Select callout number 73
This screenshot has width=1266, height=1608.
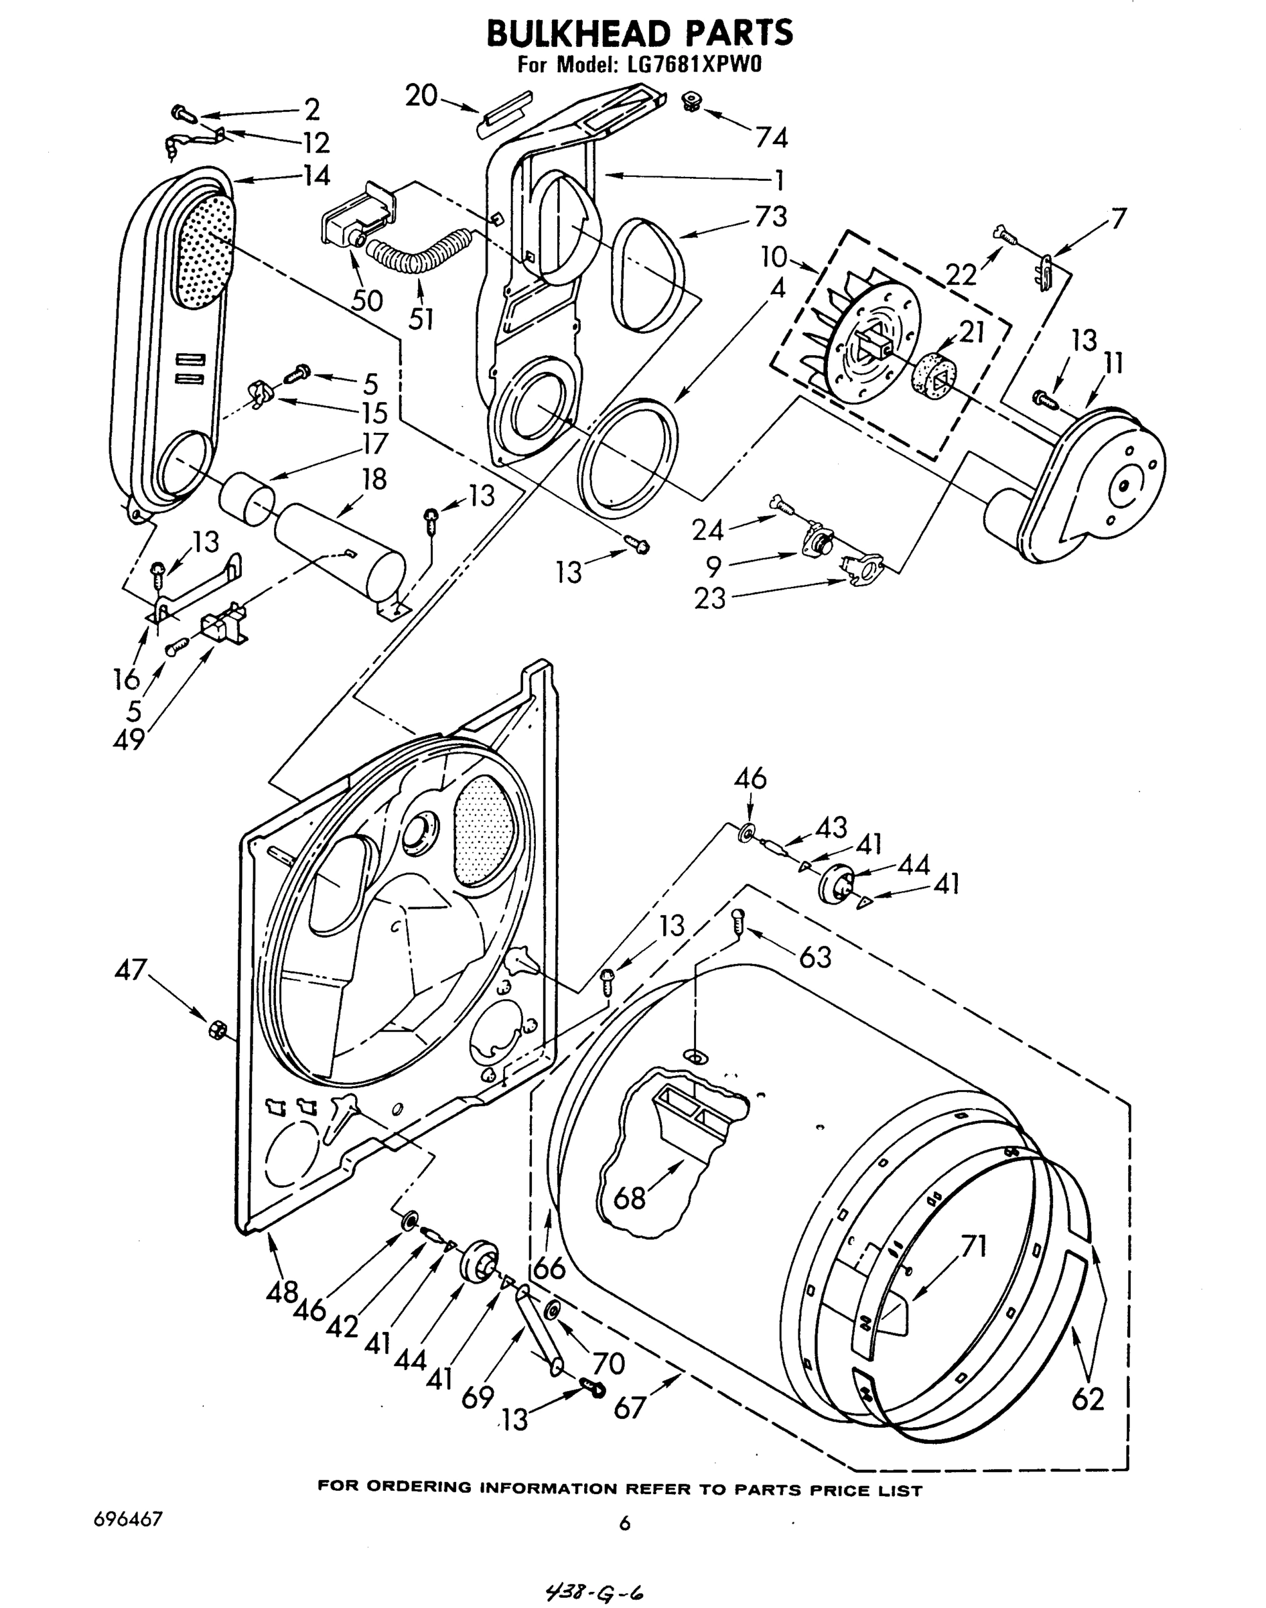[771, 216]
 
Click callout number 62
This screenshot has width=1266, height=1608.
[1087, 1399]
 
